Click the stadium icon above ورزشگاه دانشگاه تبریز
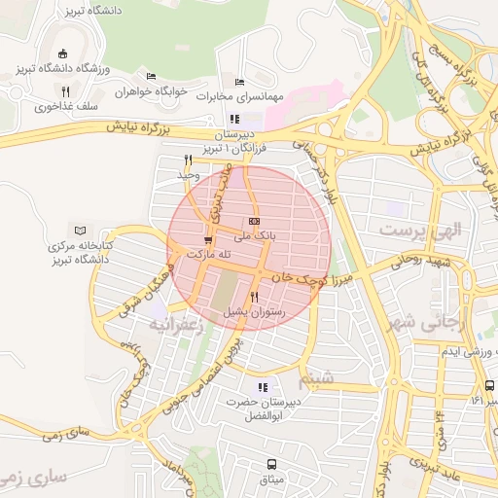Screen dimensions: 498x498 64,53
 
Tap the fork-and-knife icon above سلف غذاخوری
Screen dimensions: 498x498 65,92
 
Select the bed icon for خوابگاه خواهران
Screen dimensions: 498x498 150,76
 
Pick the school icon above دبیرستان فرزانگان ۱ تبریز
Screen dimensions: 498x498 234,119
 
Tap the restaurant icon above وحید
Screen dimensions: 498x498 188,160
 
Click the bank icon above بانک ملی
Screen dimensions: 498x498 255,222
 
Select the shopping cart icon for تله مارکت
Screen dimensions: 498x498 207,239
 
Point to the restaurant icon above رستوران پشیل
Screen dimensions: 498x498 254,297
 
